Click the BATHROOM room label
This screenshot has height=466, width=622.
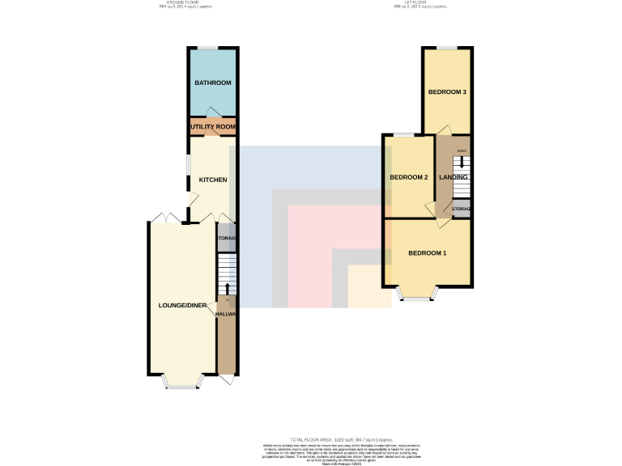click(x=212, y=83)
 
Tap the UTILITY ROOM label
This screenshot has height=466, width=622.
click(x=213, y=127)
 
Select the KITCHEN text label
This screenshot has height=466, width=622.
click(x=213, y=180)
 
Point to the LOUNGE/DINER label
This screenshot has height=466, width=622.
click(x=182, y=305)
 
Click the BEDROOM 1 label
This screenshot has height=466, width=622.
click(x=427, y=253)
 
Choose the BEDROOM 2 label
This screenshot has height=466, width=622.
click(x=408, y=177)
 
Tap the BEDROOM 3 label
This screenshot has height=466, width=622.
click(x=447, y=92)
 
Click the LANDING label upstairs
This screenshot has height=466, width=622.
click(x=454, y=177)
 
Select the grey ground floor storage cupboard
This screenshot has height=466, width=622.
click(x=226, y=239)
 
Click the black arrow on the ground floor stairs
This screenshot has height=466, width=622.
click(x=226, y=288)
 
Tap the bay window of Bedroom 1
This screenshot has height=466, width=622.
click(x=417, y=297)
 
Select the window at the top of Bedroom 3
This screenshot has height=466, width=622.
click(x=447, y=48)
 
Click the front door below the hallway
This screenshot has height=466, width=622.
click(x=226, y=379)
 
